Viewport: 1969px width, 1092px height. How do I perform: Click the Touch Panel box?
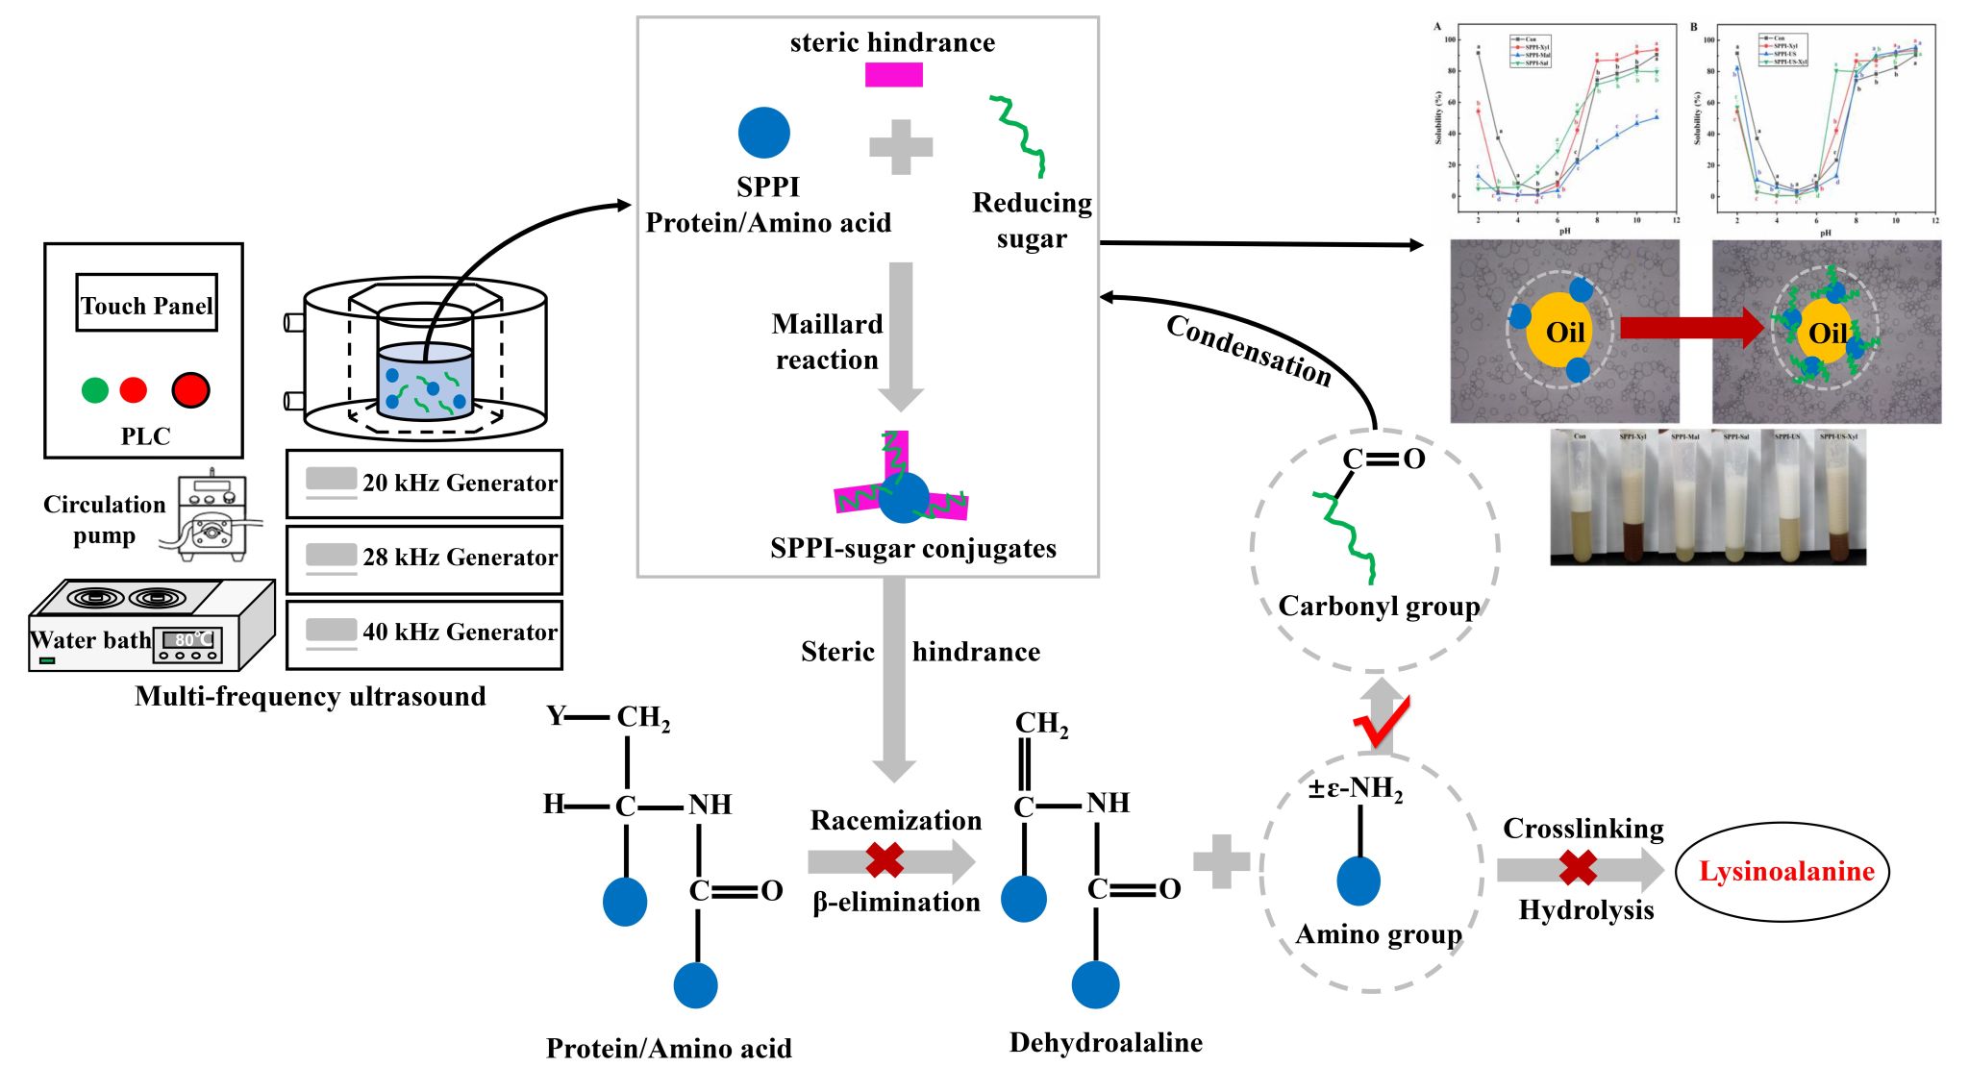tap(146, 304)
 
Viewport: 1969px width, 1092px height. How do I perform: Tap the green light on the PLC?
tap(95, 390)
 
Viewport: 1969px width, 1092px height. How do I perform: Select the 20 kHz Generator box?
tap(424, 484)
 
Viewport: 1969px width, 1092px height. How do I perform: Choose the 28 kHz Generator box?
tap(424, 558)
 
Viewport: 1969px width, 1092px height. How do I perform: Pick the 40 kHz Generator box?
tap(424, 633)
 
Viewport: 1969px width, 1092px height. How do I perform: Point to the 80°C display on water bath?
tap(188, 640)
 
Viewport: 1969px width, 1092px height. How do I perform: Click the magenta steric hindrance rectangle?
tap(893, 75)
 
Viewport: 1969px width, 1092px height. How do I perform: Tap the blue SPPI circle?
tap(764, 133)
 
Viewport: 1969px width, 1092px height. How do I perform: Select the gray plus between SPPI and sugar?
tap(901, 147)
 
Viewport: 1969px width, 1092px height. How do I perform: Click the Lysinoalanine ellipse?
tap(1782, 872)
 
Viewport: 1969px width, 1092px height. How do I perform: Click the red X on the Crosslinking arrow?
tap(1578, 868)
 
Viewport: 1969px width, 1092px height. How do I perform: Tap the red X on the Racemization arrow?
tap(885, 860)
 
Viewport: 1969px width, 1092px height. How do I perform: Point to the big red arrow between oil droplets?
tap(1690, 329)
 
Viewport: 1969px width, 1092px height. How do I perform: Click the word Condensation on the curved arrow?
tap(1248, 351)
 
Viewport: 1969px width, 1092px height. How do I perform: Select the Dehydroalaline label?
tap(1106, 1043)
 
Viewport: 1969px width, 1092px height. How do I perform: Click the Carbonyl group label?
tap(1379, 607)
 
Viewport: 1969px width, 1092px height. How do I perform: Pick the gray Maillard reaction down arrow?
tap(901, 336)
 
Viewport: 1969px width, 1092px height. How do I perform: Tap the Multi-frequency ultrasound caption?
tap(310, 696)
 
